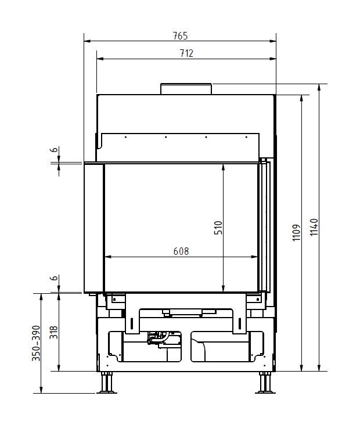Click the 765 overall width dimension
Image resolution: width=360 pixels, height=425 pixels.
(x=180, y=35)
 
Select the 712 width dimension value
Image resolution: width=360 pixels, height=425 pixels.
(x=186, y=53)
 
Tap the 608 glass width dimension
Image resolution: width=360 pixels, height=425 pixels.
(x=181, y=251)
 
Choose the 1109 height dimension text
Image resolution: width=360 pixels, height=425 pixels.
(x=295, y=233)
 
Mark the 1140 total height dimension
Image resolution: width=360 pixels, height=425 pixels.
(x=314, y=228)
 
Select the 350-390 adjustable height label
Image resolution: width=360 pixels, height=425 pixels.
(x=36, y=344)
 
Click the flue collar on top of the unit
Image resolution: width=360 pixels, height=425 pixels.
(x=186, y=88)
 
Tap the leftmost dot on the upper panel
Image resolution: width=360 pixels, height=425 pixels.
(x=125, y=138)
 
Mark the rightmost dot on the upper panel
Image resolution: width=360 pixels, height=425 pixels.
(x=247, y=138)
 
